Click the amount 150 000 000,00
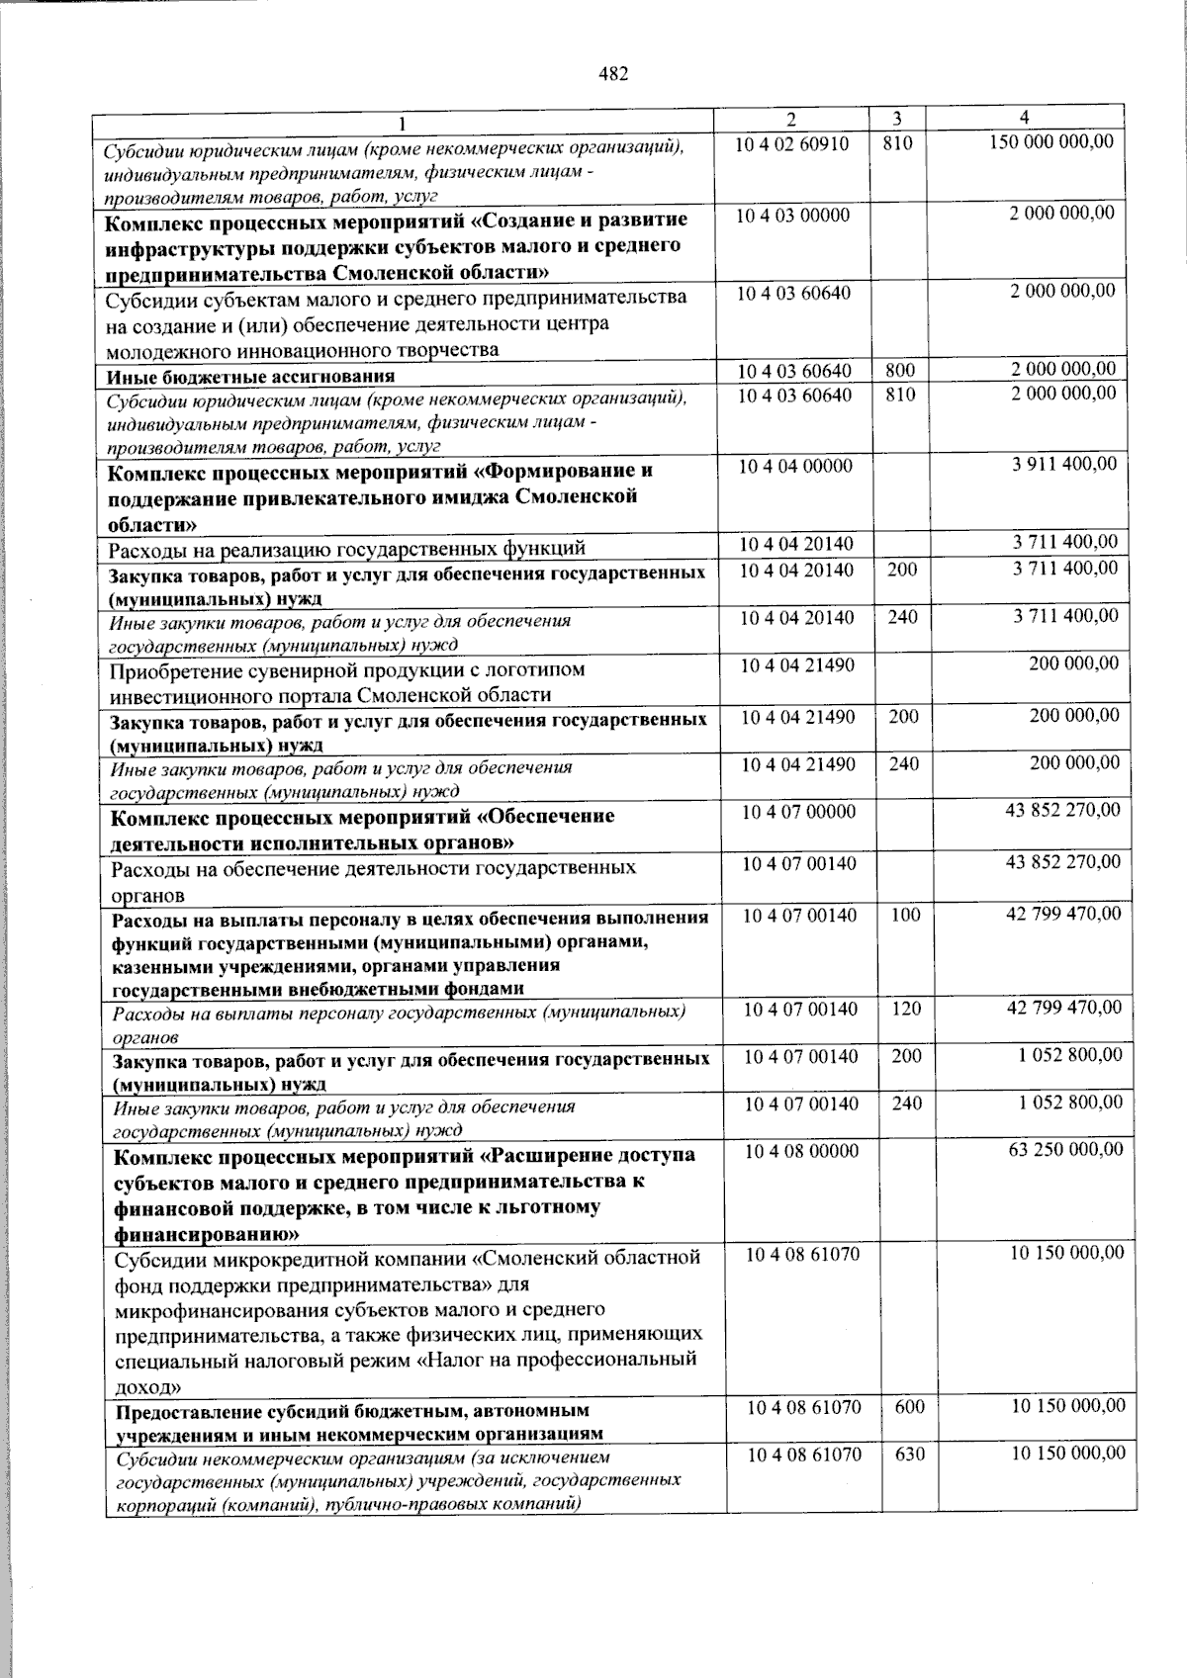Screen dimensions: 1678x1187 (x=1051, y=142)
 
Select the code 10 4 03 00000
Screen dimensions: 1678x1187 (x=792, y=216)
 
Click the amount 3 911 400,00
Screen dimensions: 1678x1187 (x=1064, y=464)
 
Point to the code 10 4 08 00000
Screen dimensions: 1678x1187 (x=801, y=1151)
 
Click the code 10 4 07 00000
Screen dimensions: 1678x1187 (x=799, y=812)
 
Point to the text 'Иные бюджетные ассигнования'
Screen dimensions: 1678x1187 (x=251, y=377)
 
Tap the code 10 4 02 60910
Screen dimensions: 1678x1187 (x=792, y=144)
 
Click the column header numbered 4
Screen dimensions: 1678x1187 (x=1024, y=117)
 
